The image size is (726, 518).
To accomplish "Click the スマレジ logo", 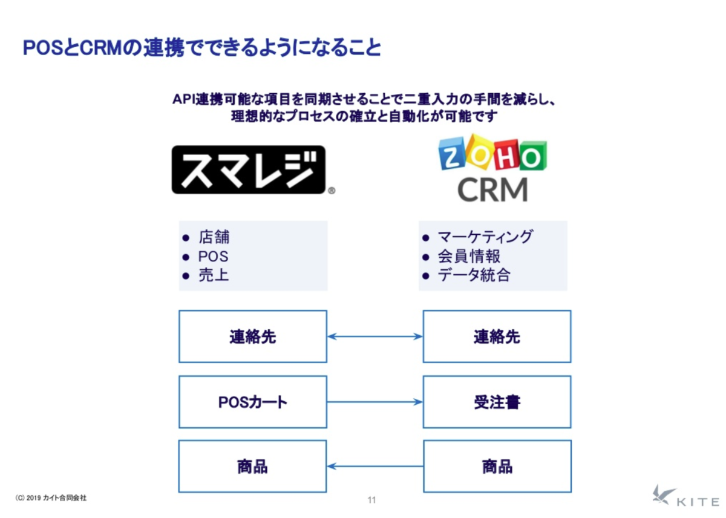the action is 249,170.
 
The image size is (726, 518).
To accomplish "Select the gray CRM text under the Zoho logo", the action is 492,190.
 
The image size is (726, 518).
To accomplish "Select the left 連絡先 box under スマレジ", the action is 253,336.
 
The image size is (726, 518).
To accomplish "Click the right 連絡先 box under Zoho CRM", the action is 497,336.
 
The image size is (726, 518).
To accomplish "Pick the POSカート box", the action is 253,402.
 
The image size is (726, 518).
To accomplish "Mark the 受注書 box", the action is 497,402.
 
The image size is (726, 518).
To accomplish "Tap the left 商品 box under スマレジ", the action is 252,467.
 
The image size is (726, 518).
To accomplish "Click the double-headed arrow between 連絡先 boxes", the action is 375,336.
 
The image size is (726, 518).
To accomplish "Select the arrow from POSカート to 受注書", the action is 375,402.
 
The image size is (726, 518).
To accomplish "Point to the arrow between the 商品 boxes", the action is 375,467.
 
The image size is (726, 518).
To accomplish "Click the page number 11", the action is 371,500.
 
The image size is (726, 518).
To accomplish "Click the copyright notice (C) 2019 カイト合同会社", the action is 51,497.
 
